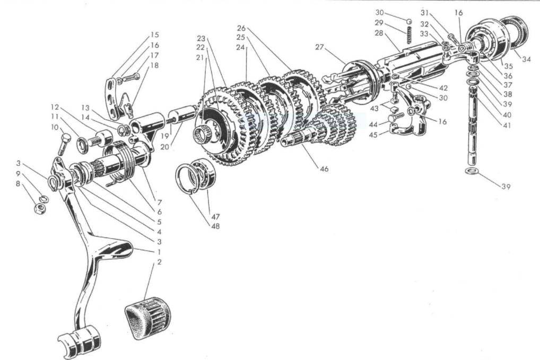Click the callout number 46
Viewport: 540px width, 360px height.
pyautogui.click(x=324, y=169)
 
